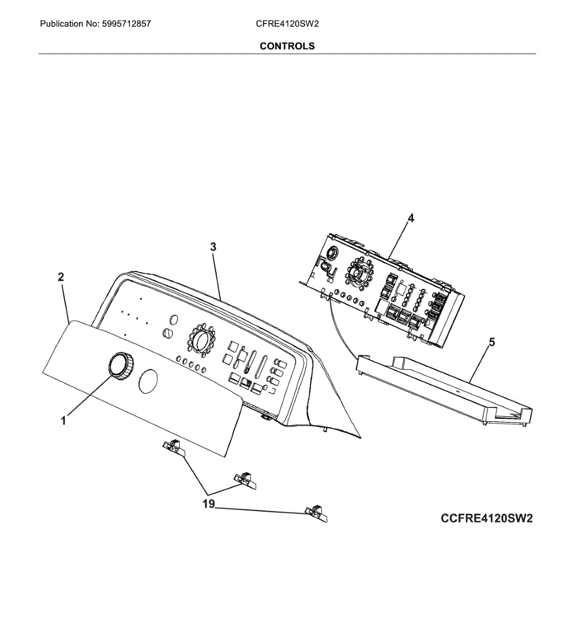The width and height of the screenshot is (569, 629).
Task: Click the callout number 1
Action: tap(63, 420)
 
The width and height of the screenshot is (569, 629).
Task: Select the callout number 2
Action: tap(61, 277)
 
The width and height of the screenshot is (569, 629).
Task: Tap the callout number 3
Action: tap(213, 246)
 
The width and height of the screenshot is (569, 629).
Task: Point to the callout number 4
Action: tap(411, 218)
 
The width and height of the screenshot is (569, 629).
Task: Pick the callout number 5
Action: tap(492, 343)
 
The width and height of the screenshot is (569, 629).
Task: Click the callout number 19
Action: tap(208, 504)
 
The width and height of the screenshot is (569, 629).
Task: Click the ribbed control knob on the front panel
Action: tap(121, 365)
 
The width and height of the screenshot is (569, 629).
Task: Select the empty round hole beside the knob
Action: tap(149, 381)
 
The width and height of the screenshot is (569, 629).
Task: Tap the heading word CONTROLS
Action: tap(287, 46)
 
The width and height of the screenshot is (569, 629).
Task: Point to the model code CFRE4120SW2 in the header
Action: tap(287, 24)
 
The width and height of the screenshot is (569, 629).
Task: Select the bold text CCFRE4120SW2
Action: tap(486, 518)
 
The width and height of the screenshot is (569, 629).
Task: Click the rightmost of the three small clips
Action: tap(316, 513)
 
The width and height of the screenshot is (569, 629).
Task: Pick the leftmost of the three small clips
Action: tap(173, 447)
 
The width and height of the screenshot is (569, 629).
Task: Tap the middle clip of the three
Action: tap(245, 480)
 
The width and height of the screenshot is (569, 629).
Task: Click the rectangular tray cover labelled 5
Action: tap(445, 385)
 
